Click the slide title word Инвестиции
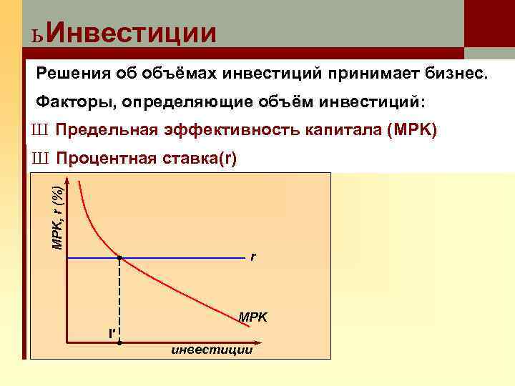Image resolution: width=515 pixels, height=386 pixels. [134, 32]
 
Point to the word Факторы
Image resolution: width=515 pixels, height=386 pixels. [74, 102]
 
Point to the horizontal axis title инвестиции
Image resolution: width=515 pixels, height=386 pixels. [211, 350]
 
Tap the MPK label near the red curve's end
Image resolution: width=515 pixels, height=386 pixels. [252, 316]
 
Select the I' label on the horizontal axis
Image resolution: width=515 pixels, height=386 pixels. [111, 333]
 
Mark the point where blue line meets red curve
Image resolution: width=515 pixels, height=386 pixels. [119, 257]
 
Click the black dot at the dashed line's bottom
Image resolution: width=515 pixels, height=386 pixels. [119, 343]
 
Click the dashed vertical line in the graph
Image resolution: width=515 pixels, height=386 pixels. [119, 300]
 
